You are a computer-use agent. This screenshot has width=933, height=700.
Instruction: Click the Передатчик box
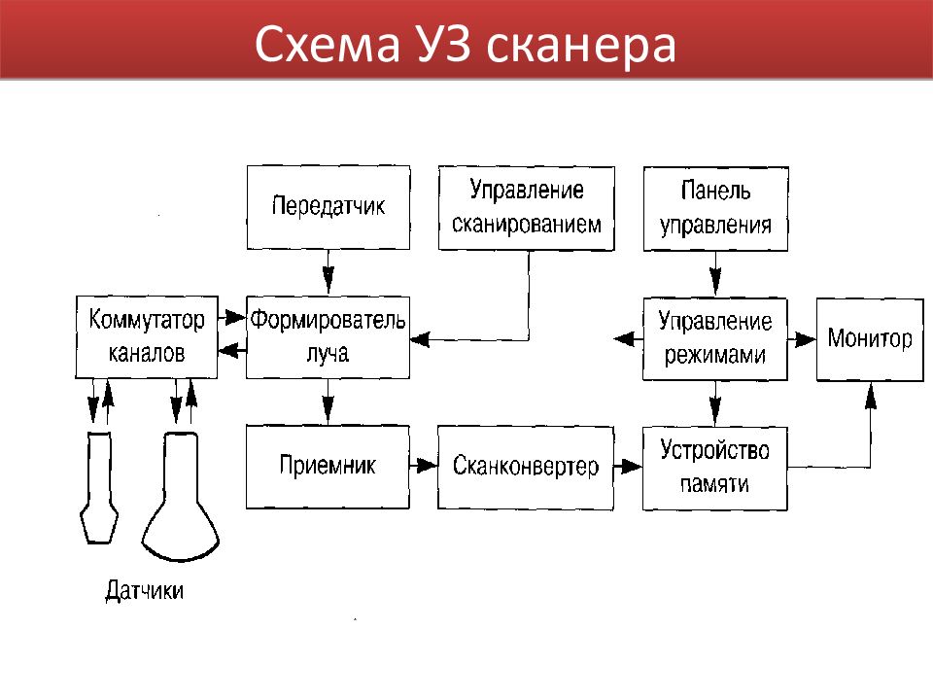[x=328, y=207]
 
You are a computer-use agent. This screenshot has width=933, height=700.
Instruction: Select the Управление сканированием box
[x=527, y=208]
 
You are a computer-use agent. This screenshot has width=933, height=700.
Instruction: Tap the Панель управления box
[x=716, y=209]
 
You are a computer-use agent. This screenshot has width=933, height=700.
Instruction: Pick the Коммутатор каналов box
[x=147, y=337]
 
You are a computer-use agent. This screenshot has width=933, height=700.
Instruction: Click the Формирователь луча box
[x=328, y=337]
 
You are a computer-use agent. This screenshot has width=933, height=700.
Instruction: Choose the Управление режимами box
[x=715, y=339]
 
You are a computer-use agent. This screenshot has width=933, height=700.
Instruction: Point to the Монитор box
[x=870, y=339]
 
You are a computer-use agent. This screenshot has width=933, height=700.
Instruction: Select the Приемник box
[x=328, y=467]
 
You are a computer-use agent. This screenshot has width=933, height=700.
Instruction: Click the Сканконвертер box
[x=526, y=468]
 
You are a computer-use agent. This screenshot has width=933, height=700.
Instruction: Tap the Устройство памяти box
[x=715, y=468]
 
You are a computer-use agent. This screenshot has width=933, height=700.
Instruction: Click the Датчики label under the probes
[x=145, y=590]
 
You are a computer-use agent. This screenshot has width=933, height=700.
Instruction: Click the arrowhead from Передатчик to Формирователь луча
[x=328, y=280]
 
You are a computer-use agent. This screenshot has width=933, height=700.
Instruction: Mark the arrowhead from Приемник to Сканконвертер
[x=427, y=465]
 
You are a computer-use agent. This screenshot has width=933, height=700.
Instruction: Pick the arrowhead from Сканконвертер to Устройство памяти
[x=632, y=466]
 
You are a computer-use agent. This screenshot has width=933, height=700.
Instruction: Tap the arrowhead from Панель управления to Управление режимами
[x=716, y=282]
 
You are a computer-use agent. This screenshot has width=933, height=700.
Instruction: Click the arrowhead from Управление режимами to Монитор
[x=806, y=339]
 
